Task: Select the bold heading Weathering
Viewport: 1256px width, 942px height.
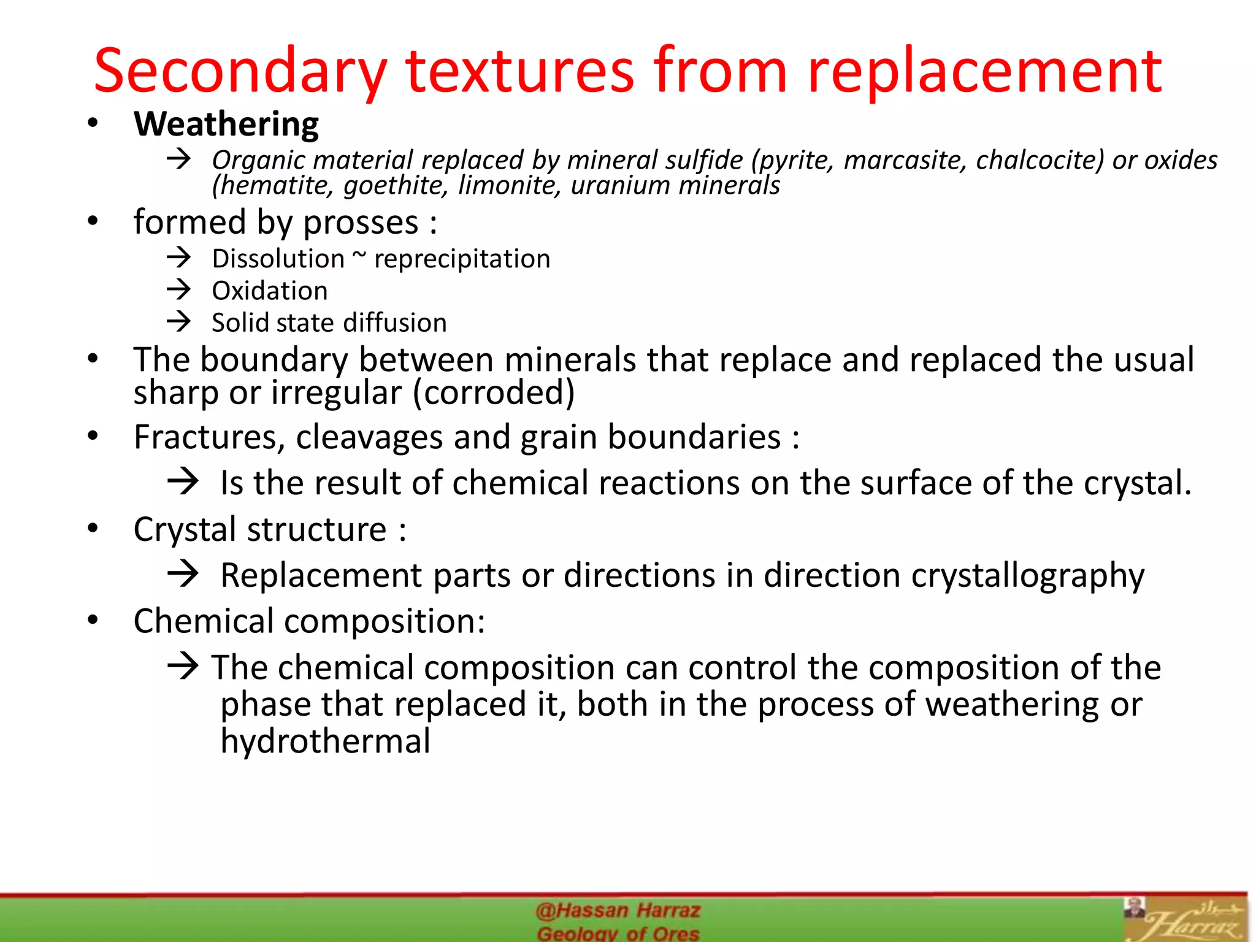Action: coord(226,124)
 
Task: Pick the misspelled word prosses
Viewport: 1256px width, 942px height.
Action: coord(361,222)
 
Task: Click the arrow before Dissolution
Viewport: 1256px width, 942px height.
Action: coord(179,258)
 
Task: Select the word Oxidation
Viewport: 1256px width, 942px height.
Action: coord(270,291)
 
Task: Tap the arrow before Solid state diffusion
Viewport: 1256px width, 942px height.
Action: coord(179,321)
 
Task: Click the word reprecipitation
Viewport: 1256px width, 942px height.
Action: coord(462,259)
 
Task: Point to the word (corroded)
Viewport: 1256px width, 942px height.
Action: coord(494,392)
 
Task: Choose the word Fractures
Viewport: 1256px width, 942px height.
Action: coord(209,437)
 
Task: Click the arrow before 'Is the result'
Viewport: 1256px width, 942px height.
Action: coord(183,482)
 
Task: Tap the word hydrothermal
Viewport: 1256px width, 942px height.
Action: coord(325,741)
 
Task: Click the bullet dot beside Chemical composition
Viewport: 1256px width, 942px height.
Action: coord(93,620)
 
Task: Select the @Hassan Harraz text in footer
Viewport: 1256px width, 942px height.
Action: coord(618,911)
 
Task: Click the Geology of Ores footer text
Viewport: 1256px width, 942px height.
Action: coord(618,933)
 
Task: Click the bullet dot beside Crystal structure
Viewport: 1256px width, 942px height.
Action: coord(93,528)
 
